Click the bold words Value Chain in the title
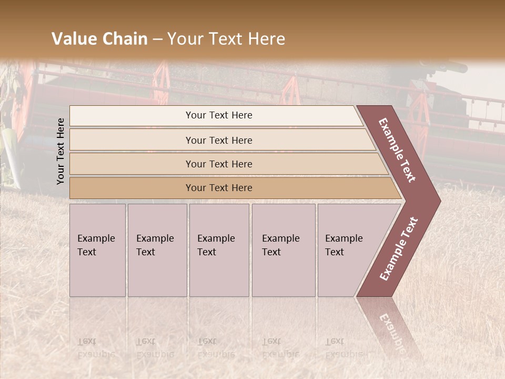click(99, 39)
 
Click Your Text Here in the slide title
click(226, 39)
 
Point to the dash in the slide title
click(157, 39)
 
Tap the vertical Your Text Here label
click(60, 151)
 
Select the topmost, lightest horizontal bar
click(219, 115)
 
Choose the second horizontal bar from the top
click(219, 140)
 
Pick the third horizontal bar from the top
click(219, 164)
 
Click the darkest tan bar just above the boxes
click(219, 188)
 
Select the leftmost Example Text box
click(97, 250)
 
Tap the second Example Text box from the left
click(157, 250)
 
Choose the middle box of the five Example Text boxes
click(219, 250)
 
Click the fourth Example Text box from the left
click(284, 250)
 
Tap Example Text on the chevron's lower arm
click(399, 249)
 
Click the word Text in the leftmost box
click(87, 252)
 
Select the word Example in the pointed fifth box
click(344, 238)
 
